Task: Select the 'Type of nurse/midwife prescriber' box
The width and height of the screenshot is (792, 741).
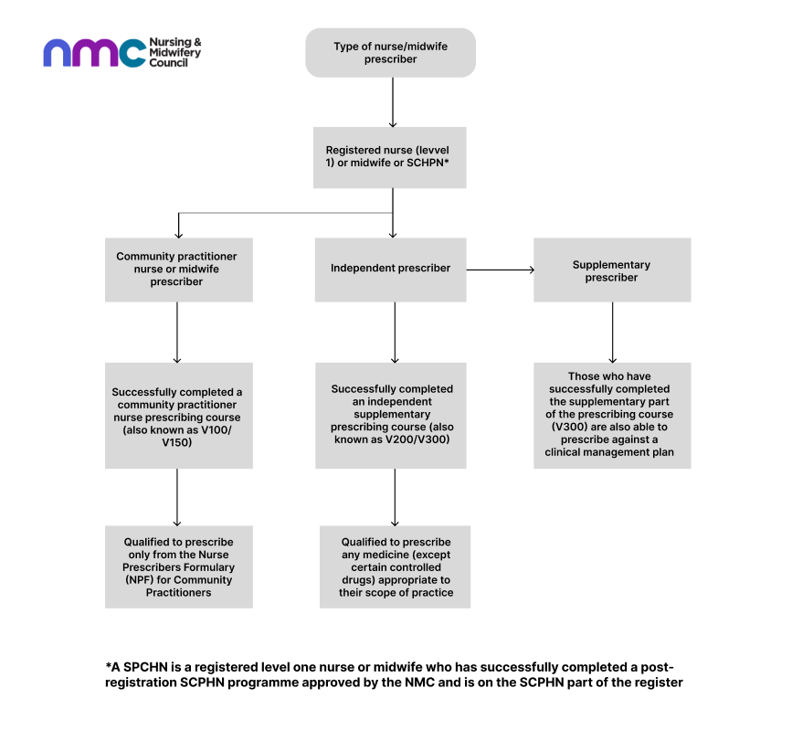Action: coord(390,53)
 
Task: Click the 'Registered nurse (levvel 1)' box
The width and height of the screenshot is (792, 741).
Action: coord(390,156)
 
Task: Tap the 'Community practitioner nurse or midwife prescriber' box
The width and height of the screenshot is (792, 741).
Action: coord(179,270)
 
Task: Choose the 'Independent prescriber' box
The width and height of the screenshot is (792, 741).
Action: coord(390,269)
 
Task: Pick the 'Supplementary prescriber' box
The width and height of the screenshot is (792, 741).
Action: coord(612,270)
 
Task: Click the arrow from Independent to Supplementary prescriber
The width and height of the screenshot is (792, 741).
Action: coord(501,270)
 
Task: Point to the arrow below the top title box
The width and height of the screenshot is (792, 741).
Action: coord(392,102)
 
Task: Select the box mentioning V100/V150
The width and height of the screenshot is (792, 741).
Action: coord(179,416)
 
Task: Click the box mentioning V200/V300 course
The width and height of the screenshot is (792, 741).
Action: coord(392,415)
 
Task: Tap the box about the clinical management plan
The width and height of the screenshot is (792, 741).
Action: coord(612,415)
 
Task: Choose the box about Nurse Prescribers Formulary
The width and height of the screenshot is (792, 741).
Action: coord(179,566)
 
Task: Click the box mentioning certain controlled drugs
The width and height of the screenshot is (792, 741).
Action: coord(396,566)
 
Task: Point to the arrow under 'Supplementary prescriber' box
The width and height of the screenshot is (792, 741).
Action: coord(612,333)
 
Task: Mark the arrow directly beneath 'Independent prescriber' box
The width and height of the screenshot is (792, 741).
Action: coord(395,333)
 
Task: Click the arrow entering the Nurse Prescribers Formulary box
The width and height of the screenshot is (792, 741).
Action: coord(177,497)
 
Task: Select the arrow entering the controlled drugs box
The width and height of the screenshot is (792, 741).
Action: coord(395,497)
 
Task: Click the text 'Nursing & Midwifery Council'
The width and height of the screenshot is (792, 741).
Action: coord(174,53)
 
